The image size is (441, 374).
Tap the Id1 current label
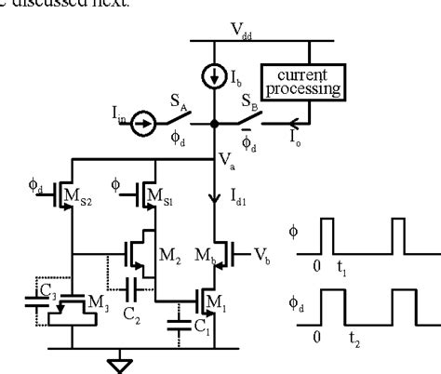click(234, 195)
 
